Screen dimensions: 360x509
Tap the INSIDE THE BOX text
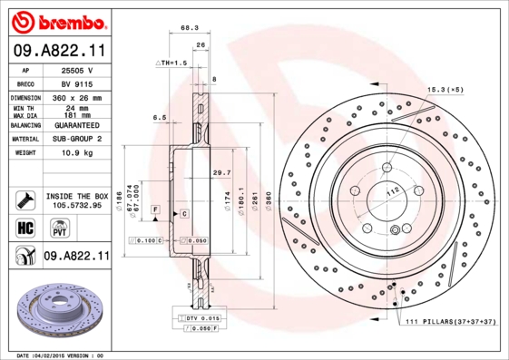pyautogui.click(x=76, y=195)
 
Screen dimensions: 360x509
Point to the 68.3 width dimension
pyautogui.click(x=190, y=28)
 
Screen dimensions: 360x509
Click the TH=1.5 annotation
pyautogui.click(x=171, y=63)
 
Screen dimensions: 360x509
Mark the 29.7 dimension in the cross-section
pyautogui.click(x=220, y=171)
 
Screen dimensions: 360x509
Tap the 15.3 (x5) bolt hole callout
pyautogui.click(x=445, y=90)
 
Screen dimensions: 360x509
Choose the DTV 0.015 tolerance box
pyautogui.click(x=198, y=318)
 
